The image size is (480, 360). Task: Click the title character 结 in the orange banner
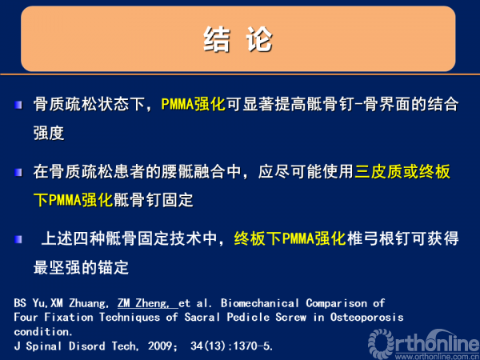(217, 39)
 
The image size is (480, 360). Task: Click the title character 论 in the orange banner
(259, 39)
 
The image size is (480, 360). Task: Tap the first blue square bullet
(18, 106)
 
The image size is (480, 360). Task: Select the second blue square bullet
(18, 172)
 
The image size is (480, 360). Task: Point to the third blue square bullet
(18, 239)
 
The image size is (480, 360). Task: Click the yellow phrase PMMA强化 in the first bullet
(193, 104)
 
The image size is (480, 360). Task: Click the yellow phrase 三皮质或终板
(402, 171)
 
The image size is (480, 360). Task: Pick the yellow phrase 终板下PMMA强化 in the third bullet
(290, 238)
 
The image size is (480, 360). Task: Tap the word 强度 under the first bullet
(49, 133)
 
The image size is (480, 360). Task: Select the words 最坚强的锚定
(81, 267)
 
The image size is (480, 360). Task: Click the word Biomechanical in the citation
(259, 303)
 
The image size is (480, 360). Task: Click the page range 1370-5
(253, 346)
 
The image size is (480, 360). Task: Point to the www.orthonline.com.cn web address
(437, 357)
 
